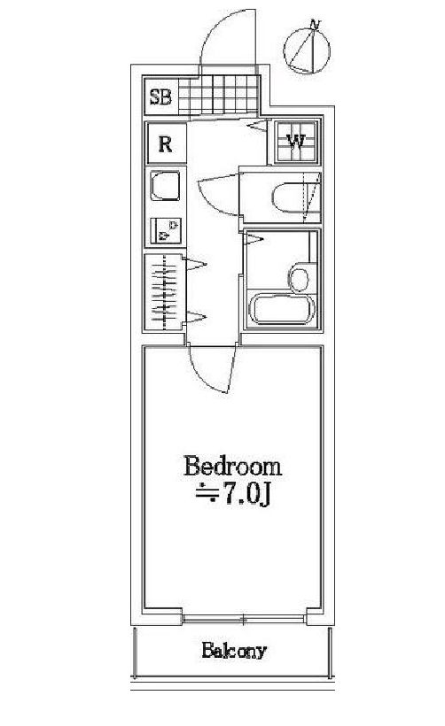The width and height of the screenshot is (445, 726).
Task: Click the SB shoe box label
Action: pos(160,97)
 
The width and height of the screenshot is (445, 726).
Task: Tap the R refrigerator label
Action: pos(165,144)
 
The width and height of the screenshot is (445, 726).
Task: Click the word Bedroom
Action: pos(233,467)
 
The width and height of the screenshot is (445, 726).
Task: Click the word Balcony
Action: pos(234,651)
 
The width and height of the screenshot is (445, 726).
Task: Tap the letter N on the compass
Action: pos(316,25)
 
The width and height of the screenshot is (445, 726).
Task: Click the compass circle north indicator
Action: pos(307,50)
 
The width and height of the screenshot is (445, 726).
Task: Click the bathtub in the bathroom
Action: pos(282,308)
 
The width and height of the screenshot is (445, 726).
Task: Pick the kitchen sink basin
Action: pos(165,186)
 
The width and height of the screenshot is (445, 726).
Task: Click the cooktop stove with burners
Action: pos(166,231)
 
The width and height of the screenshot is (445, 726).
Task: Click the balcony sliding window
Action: pos(244,619)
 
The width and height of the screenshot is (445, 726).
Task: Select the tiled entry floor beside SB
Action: pos(218,95)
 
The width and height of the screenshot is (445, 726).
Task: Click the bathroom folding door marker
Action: pos(254,239)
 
